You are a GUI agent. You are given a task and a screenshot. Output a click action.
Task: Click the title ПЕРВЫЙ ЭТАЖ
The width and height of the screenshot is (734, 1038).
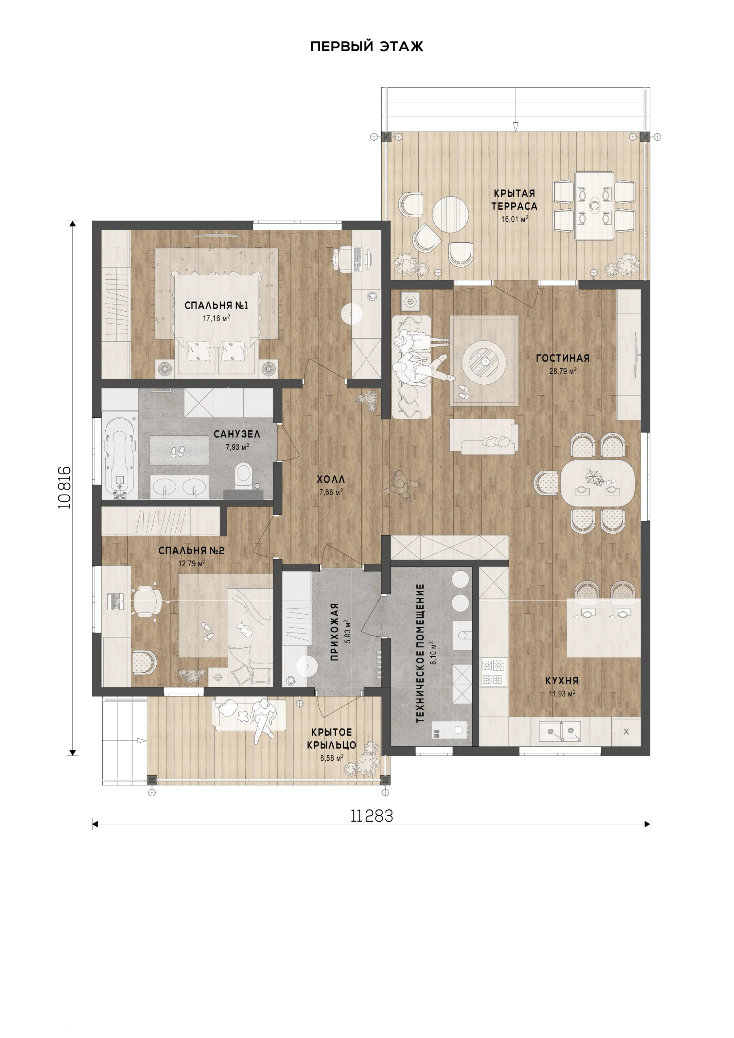367,47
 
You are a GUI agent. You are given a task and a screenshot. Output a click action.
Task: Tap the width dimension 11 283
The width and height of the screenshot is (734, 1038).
371,816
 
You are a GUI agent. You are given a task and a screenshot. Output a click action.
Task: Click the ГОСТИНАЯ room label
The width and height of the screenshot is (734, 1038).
563,358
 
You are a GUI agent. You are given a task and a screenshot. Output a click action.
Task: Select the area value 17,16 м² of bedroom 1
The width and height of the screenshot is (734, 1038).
216,318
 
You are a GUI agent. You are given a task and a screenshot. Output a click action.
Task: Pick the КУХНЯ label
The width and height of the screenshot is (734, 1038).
562,681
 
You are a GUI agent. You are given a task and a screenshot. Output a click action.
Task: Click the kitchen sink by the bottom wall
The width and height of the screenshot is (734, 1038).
560,731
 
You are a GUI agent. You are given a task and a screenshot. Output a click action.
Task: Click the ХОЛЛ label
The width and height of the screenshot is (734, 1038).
331,479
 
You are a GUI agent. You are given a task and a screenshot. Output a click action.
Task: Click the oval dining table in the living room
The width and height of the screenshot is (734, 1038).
597,483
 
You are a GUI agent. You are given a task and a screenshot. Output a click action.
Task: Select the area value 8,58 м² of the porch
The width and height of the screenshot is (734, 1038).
332,758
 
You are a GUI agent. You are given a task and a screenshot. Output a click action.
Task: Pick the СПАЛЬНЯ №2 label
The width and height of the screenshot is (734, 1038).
191,551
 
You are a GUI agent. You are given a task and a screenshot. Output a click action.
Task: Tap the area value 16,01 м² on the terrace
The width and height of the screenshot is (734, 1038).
515,219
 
